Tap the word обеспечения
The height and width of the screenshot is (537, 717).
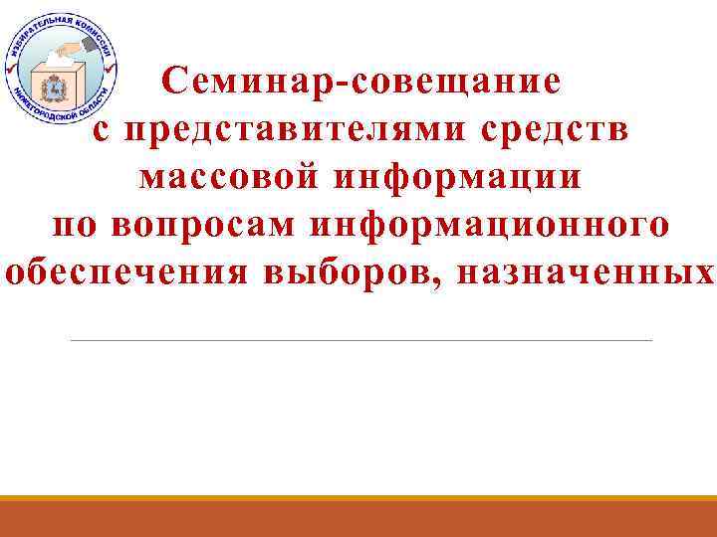pos(128,272)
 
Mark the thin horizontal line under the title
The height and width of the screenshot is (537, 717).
pos(360,341)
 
